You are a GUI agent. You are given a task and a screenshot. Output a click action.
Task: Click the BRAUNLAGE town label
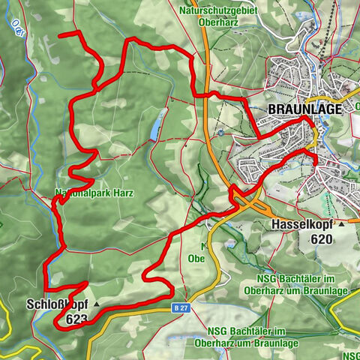point(304,109)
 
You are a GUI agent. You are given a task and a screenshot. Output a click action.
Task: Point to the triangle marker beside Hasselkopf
point(341,224)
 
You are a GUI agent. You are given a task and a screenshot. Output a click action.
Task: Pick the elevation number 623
point(77,319)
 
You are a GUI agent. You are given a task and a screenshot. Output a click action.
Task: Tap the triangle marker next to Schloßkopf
point(97,305)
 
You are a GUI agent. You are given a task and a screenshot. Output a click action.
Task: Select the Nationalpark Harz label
point(94,193)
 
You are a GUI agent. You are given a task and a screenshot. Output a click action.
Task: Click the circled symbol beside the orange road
point(221,133)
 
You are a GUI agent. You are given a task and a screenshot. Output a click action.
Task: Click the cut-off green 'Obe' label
point(196,259)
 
